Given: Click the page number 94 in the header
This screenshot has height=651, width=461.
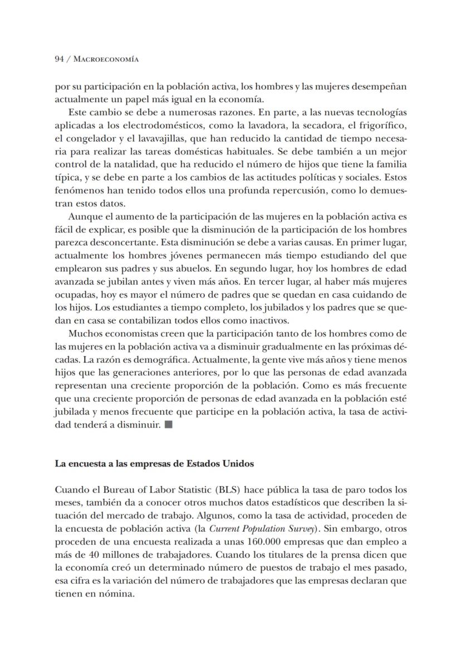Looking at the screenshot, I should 59,59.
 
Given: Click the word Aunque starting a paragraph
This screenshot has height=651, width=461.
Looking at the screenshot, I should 83,217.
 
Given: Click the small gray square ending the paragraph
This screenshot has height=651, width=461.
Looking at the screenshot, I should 169,425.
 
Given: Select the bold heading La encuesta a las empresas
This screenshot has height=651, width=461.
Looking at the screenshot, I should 154,464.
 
